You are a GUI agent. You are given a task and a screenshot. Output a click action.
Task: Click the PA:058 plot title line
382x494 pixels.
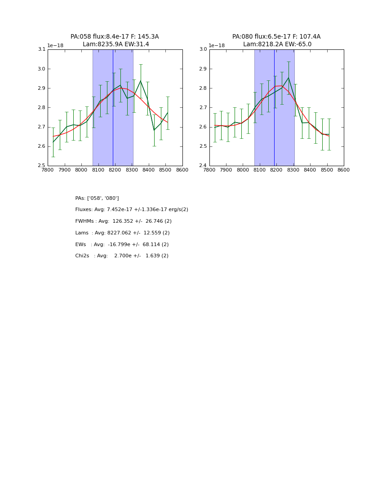point(115,37)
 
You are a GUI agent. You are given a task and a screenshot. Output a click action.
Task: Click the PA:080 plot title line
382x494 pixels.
point(276,37)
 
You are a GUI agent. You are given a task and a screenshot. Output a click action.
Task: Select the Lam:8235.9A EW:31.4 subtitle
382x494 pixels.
point(115,44)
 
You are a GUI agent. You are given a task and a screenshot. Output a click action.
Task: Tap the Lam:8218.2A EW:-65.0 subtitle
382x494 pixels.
point(277,44)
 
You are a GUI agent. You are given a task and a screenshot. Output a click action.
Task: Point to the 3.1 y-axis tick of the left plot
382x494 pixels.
point(41,49)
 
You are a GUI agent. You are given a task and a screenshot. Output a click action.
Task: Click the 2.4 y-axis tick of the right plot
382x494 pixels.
point(203,166)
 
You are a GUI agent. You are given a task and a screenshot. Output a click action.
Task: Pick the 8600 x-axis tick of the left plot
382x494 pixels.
point(182,170)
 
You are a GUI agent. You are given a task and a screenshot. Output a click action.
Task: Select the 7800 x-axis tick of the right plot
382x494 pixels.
point(209,170)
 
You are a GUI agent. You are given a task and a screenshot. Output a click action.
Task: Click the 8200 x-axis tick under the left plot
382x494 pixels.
point(115,170)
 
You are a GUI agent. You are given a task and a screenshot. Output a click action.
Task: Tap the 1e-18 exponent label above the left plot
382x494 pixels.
point(55,45)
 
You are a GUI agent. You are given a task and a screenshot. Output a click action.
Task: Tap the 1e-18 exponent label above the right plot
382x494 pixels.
point(217,45)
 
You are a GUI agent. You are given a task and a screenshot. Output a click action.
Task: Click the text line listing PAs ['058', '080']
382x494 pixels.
point(97,198)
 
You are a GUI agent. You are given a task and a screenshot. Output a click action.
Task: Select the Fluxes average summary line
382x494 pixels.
point(132,210)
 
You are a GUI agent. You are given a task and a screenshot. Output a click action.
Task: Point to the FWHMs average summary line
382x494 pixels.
point(123,221)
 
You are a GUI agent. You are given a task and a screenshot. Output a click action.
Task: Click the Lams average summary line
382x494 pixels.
point(122,233)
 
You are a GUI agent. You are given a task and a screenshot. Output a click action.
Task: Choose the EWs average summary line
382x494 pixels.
point(122,245)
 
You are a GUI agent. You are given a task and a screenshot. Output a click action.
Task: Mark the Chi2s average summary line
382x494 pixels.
point(122,256)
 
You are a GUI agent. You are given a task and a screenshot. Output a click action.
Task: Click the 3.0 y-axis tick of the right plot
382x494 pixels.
point(203,49)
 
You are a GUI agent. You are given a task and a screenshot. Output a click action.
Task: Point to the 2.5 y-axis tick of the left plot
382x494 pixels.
point(41,166)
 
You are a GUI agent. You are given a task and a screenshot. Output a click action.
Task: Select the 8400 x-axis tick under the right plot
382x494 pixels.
point(310,170)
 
